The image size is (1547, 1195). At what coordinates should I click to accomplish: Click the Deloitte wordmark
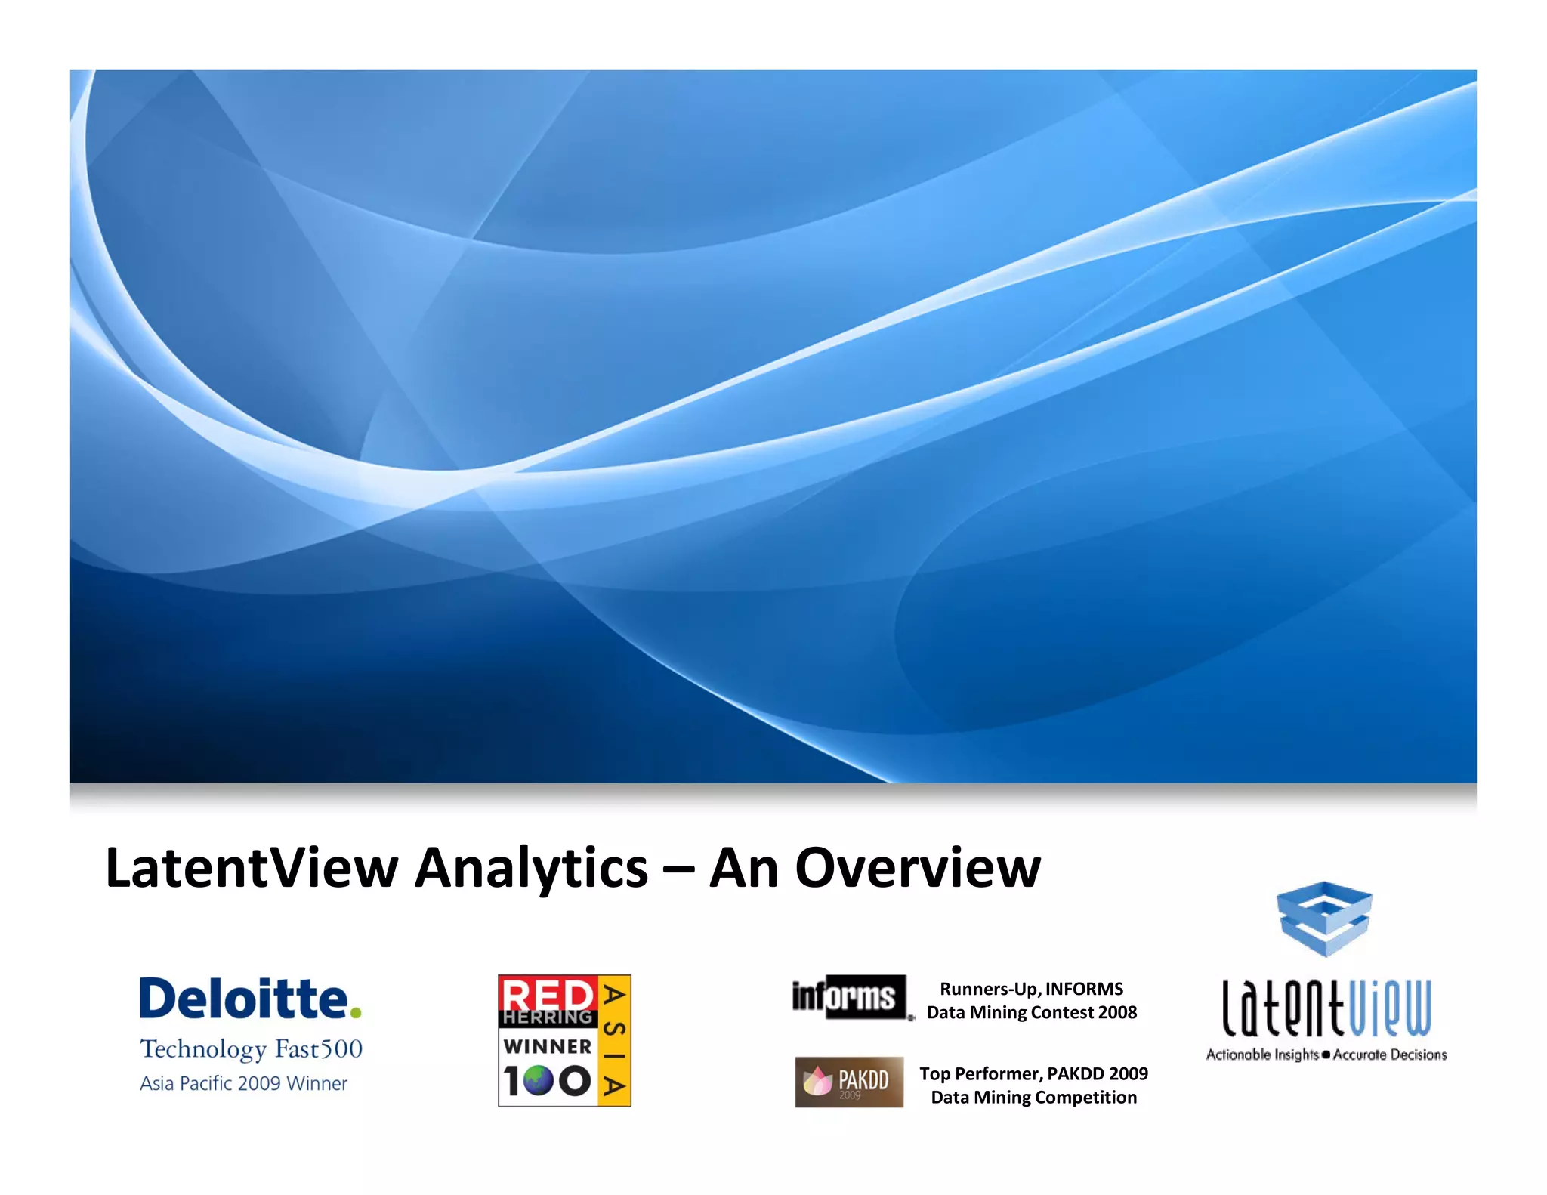click(243, 999)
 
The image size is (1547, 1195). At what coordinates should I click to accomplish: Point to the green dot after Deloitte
click(356, 1012)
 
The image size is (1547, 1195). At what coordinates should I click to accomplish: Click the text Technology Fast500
click(251, 1049)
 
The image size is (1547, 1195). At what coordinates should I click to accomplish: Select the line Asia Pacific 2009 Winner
click(243, 1083)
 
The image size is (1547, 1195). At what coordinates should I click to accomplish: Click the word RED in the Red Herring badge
click(547, 993)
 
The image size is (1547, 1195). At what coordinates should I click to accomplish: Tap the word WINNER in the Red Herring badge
click(548, 1046)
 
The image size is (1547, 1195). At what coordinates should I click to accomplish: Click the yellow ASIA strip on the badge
click(614, 1041)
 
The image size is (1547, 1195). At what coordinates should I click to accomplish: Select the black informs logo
click(848, 997)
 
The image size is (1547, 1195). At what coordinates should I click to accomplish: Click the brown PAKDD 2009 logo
click(849, 1082)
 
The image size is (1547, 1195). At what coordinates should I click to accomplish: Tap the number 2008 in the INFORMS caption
click(1117, 1012)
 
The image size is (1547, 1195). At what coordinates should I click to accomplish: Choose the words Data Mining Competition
click(1033, 1097)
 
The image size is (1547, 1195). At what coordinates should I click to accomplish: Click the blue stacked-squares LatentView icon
click(1324, 919)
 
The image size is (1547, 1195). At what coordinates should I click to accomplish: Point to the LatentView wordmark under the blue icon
click(1326, 1008)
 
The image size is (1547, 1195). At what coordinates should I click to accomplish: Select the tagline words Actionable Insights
click(1261, 1055)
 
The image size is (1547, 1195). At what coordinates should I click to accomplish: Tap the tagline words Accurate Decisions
click(1390, 1055)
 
